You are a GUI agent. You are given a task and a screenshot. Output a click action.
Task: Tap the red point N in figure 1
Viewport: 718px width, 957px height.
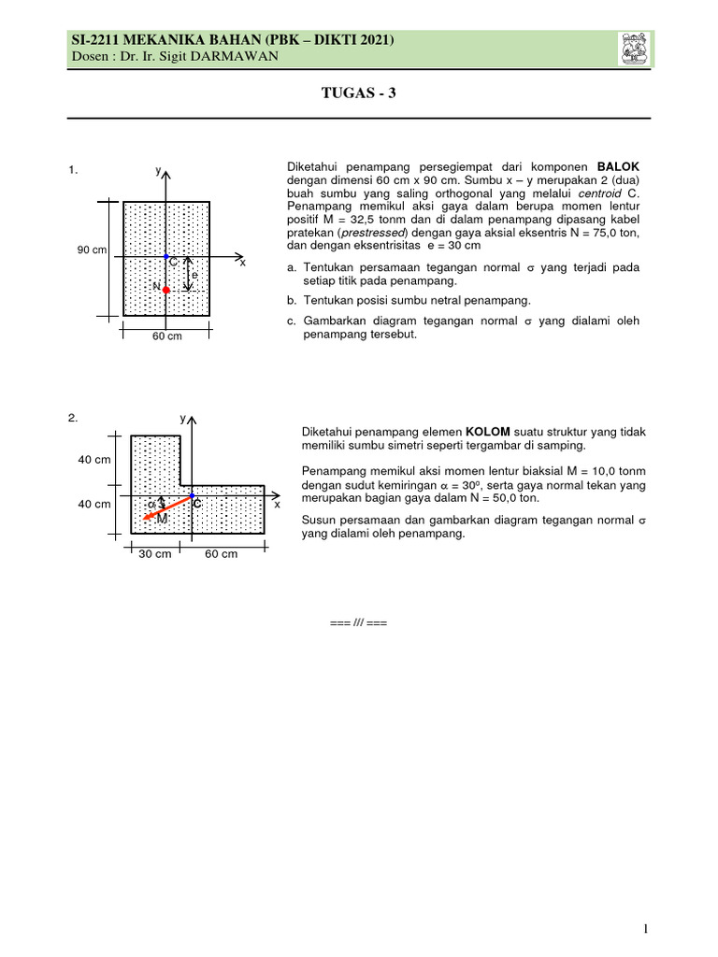pyautogui.click(x=165, y=291)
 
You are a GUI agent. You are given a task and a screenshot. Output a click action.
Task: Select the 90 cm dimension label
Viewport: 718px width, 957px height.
pyautogui.click(x=92, y=250)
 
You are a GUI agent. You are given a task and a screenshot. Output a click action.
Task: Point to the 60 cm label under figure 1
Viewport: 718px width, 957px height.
pyautogui.click(x=166, y=336)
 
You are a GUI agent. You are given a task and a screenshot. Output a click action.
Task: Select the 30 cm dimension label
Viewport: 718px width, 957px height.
pyautogui.click(x=155, y=553)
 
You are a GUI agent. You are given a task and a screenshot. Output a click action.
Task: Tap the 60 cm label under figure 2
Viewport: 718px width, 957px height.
pyautogui.click(x=221, y=553)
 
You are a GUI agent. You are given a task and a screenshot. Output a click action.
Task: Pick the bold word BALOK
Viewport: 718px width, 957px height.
pyautogui.click(x=618, y=166)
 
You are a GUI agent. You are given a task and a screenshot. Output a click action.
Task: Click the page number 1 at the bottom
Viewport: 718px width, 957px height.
pyautogui.click(x=645, y=928)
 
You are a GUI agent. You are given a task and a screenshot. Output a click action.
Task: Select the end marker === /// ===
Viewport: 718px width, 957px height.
pyautogui.click(x=358, y=622)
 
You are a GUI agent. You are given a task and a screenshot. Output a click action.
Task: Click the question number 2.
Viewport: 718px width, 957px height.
pyautogui.click(x=72, y=418)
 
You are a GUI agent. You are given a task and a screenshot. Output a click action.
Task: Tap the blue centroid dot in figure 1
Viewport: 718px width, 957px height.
pyautogui.click(x=165, y=256)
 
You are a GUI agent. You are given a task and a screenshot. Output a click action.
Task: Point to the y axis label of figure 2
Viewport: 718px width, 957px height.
pyautogui.click(x=183, y=420)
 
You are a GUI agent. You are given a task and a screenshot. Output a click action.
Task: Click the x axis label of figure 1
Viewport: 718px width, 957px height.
pyautogui.click(x=242, y=264)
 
